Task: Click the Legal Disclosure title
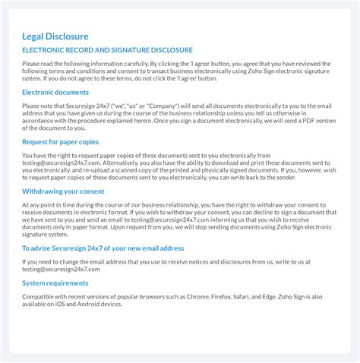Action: (x=55, y=36)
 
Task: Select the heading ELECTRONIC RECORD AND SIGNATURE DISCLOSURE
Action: (x=107, y=50)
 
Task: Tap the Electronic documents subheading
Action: (x=55, y=92)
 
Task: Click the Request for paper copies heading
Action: (x=60, y=141)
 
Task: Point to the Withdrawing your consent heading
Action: (x=63, y=191)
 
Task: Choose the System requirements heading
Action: (x=55, y=283)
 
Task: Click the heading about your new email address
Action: (x=103, y=248)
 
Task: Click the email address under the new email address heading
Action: (x=51, y=269)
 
